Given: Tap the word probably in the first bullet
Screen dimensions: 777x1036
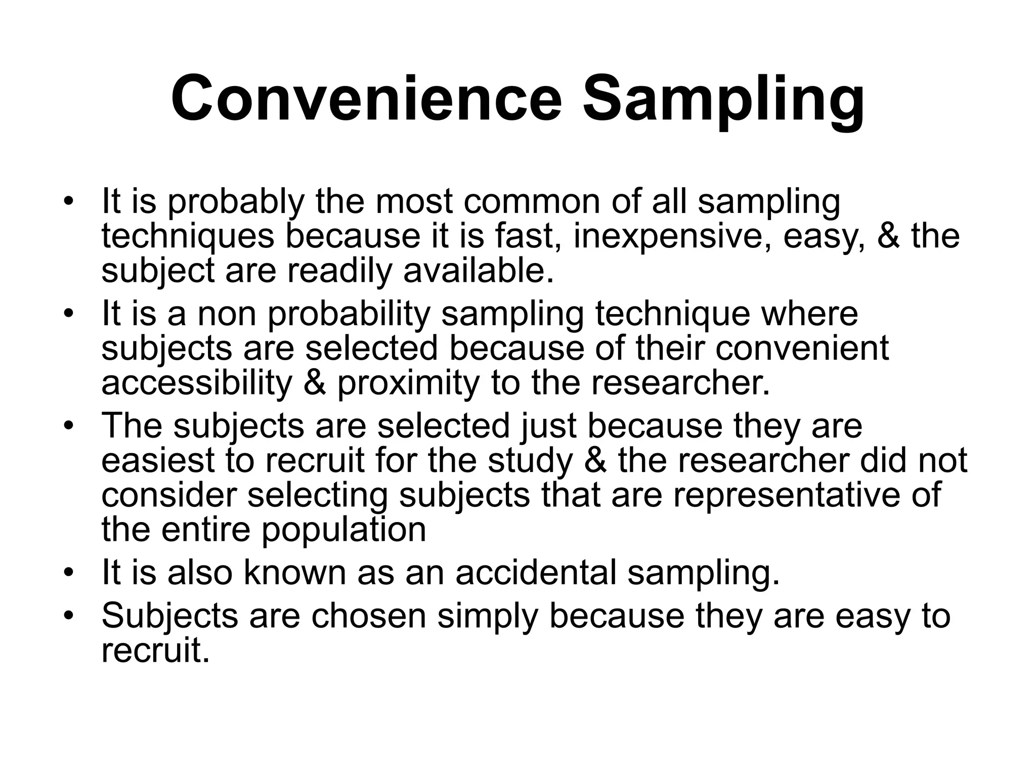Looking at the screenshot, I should (x=236, y=202).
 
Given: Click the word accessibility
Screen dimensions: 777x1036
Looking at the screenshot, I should (x=196, y=383).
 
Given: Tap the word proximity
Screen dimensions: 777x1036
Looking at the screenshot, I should (x=408, y=383).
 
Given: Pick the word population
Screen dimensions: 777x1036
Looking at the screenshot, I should (x=344, y=530).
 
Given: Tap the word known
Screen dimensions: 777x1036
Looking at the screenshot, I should (x=293, y=573).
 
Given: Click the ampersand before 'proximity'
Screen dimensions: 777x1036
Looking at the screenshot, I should (x=315, y=383).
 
